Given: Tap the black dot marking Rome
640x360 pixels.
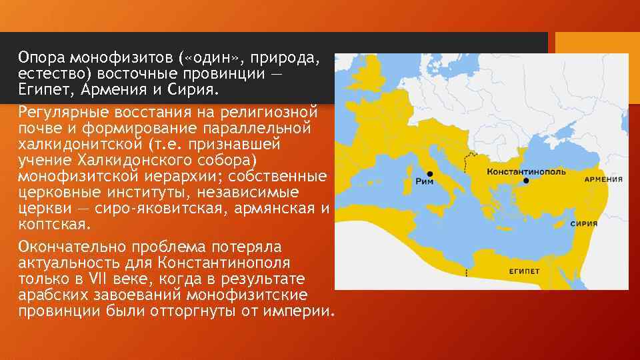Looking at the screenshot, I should (x=430, y=173).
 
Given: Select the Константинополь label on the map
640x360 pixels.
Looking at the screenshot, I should (x=526, y=171).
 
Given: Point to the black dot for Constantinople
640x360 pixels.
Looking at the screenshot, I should (x=526, y=181).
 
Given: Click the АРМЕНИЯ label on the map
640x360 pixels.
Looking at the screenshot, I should (x=603, y=179).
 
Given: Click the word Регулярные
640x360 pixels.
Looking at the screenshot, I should (x=63, y=109).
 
